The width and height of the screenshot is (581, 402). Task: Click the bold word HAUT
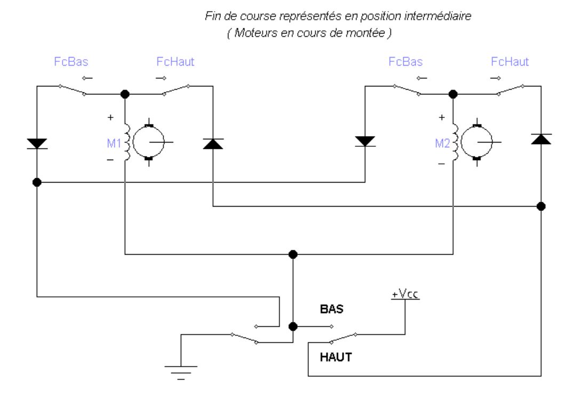coord(336,357)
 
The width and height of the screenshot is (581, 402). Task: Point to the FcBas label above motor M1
coord(71,61)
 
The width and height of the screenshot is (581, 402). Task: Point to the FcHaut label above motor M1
coord(176,61)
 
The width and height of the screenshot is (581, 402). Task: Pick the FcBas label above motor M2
coord(405,61)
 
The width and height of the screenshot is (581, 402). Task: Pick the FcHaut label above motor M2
coord(510,61)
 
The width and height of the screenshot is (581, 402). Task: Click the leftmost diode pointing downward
coord(37,143)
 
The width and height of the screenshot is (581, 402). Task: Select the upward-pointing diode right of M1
coord(213,143)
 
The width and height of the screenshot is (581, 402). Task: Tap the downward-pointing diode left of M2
coord(365,141)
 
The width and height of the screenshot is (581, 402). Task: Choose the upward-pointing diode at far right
coord(541,139)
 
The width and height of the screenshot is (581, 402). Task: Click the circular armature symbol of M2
coord(477,142)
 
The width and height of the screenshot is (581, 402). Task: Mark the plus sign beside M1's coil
coord(110,116)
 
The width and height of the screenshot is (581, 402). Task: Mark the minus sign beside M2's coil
coord(441,164)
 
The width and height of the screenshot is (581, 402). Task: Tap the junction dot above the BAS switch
coord(292,254)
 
